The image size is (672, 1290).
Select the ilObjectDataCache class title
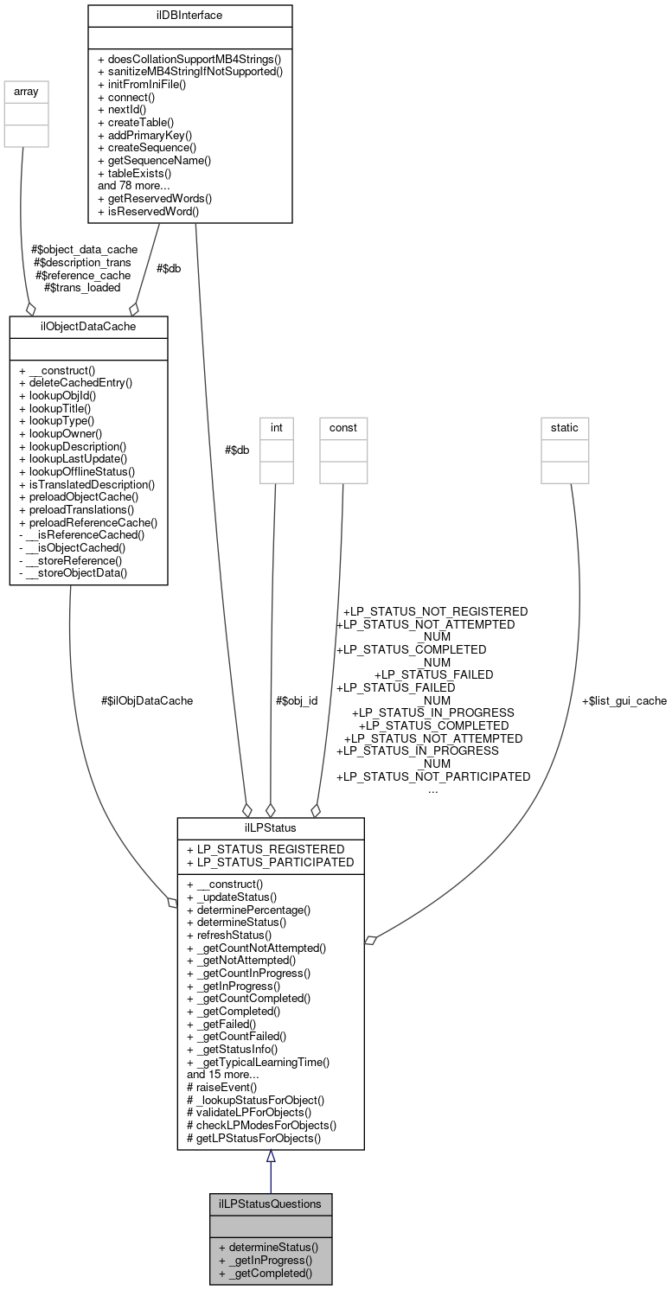88,326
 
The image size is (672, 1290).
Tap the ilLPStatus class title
270,828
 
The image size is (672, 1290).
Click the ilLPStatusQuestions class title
270,1203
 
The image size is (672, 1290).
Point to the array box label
27,89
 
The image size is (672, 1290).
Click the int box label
277,427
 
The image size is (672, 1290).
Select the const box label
342,427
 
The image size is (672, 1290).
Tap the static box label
565,427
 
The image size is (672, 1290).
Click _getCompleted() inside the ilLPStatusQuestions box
265,1273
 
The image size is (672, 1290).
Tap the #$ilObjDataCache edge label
147,700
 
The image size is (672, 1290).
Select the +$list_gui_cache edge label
624,700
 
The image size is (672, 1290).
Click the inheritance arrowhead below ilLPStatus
271,1157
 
